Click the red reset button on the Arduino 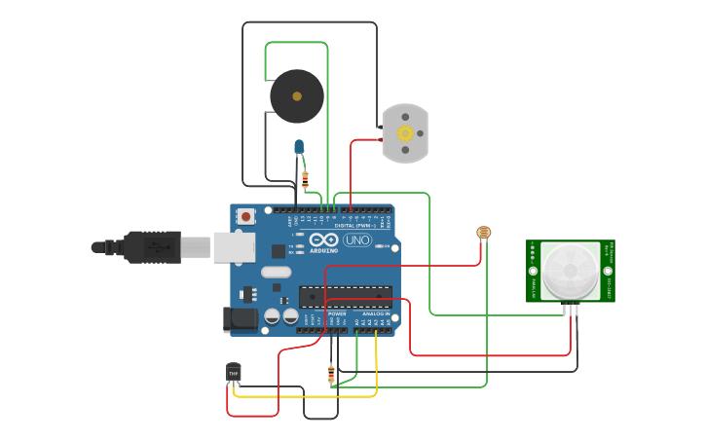tap(246, 215)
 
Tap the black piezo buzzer tap(296, 95)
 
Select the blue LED tap(300, 147)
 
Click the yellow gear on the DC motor tap(404, 134)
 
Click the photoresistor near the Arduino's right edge tap(482, 233)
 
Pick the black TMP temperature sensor tap(233, 372)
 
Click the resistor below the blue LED tap(306, 179)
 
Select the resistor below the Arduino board tap(332, 373)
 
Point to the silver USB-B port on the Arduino tap(234, 247)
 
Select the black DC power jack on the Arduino tap(238, 318)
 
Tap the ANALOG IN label tap(375, 314)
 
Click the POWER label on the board tap(337, 314)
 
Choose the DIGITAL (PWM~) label tap(353, 226)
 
